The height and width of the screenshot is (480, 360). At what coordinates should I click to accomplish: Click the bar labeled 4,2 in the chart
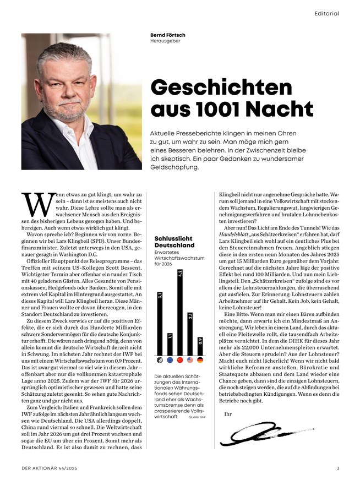pos(181,312)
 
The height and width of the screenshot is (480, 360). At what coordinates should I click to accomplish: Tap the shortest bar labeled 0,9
pos(200,347)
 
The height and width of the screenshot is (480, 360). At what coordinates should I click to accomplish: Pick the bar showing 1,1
pos(170,344)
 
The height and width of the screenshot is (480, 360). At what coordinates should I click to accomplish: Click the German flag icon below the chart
pos(200,360)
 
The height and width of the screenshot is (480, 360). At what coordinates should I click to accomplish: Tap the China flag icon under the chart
pos(181,360)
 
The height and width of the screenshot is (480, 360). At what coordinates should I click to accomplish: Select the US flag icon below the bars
pos(190,360)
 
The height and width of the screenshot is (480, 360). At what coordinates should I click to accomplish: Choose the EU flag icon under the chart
pos(170,360)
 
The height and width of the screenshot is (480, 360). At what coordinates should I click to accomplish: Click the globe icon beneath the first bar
pos(160,360)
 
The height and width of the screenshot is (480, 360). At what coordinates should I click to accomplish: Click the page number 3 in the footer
pos(337,468)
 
